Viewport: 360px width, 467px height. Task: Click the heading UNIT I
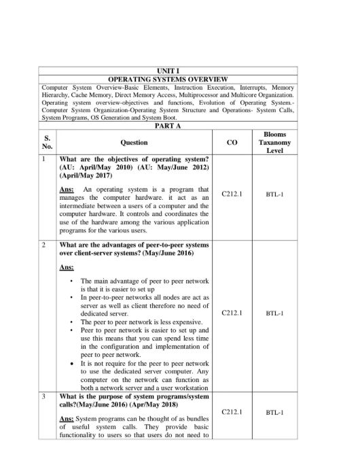tap(168, 71)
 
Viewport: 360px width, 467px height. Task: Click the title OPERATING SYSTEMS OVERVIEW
tap(168, 80)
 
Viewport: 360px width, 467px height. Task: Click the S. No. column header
tap(48, 143)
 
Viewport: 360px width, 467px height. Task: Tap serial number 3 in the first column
tap(43, 395)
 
